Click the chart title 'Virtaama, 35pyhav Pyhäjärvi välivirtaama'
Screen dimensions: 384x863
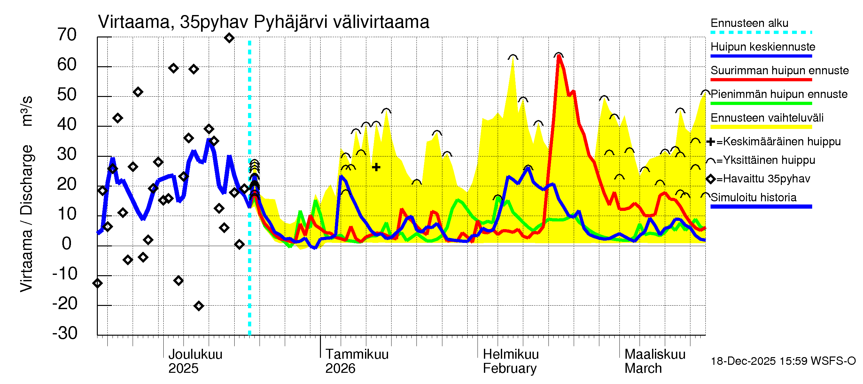(x=263, y=22)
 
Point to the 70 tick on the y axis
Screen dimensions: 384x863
(x=67, y=35)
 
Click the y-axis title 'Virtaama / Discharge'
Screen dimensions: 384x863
(x=26, y=218)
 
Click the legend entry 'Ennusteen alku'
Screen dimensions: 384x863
(x=749, y=23)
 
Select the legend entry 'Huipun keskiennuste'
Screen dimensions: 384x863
(x=763, y=47)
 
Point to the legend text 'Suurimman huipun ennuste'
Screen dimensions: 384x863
(x=779, y=70)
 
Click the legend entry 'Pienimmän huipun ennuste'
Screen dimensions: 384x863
(x=779, y=94)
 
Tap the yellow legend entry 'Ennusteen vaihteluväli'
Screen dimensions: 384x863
(x=766, y=118)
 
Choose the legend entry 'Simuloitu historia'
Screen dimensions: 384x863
(x=753, y=197)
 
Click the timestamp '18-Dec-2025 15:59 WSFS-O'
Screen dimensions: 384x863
(x=783, y=361)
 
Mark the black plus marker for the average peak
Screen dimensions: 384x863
(x=376, y=167)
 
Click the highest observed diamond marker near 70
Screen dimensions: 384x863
(x=229, y=38)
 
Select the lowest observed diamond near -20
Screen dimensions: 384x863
(x=199, y=306)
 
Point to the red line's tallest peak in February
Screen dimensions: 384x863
(x=558, y=56)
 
